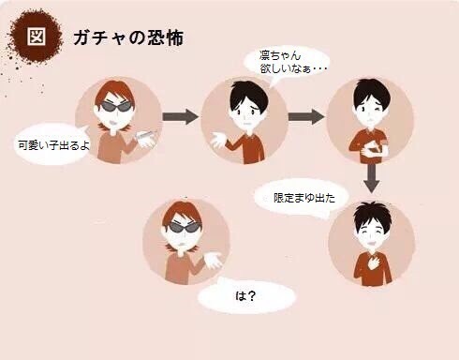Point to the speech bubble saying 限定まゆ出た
point(298,199)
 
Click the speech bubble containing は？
point(246,297)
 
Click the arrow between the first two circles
point(180,117)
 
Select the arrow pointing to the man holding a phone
point(305,117)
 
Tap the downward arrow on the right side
point(373,178)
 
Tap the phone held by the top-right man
point(376,148)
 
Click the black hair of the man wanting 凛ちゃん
point(246,91)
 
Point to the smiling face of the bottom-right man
point(372,228)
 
